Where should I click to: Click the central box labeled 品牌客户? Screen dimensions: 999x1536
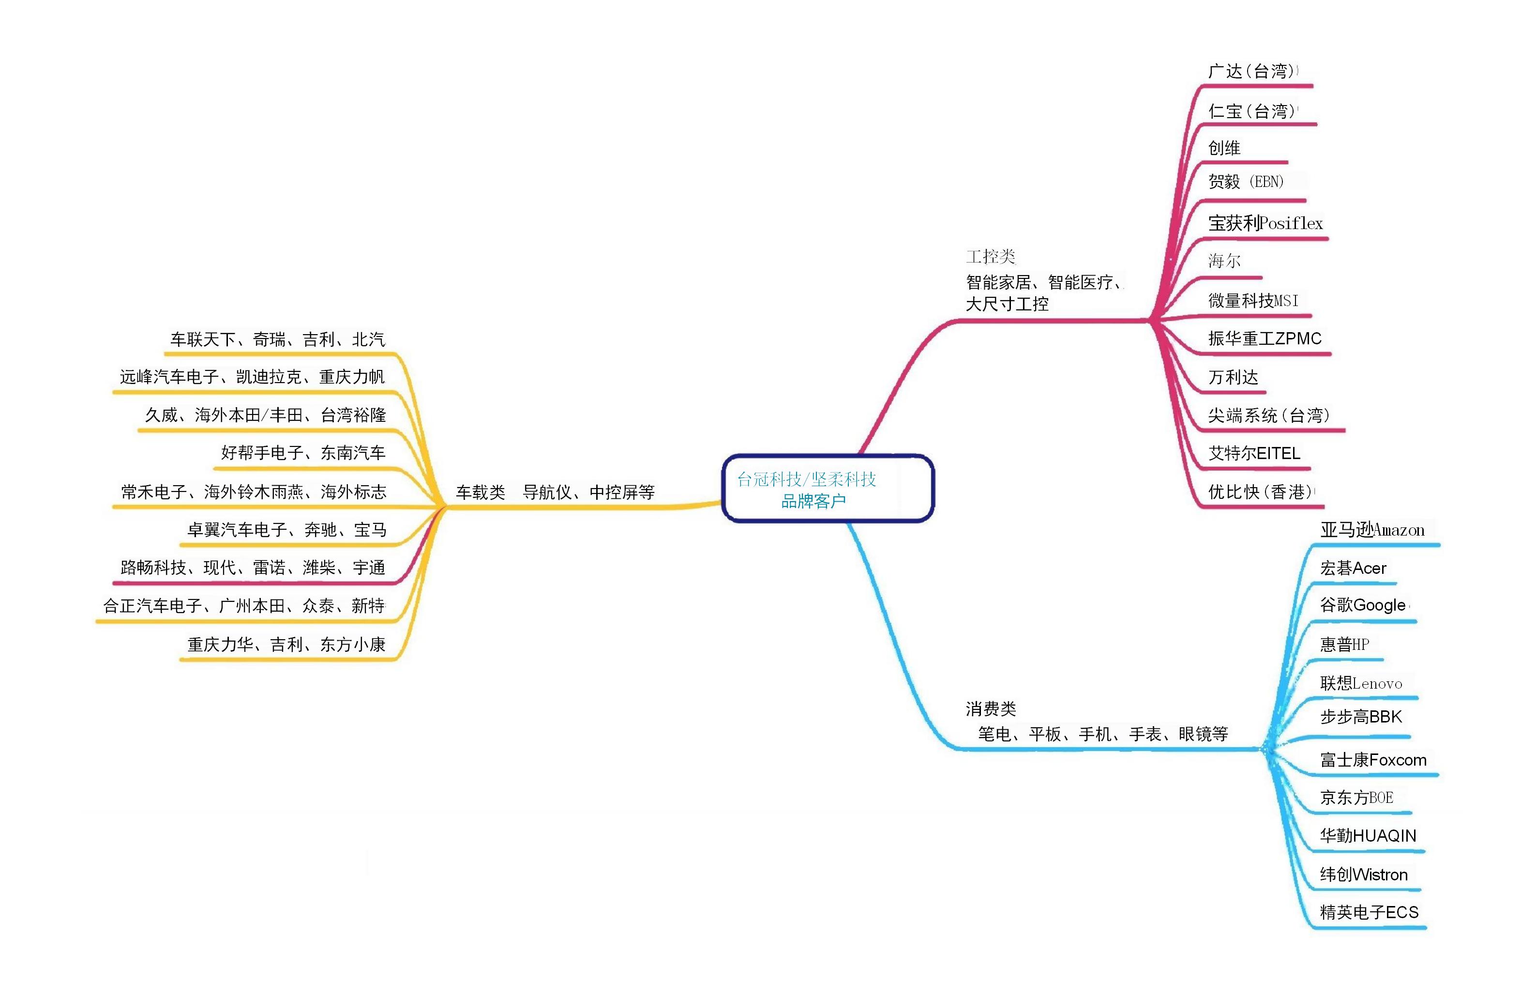[828, 489]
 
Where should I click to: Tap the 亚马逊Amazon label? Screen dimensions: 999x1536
[1372, 530]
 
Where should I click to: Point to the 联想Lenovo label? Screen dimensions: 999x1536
[1360, 683]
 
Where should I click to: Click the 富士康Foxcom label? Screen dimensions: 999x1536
[1373, 760]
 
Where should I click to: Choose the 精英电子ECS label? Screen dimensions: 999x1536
[1369, 912]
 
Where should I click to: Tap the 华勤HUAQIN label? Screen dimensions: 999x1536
[1368, 836]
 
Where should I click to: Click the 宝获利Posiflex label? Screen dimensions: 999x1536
[1265, 223]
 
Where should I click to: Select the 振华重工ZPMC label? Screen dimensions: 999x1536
[1265, 338]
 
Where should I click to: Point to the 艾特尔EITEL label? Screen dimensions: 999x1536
[1254, 453]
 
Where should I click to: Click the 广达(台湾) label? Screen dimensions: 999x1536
[1251, 71]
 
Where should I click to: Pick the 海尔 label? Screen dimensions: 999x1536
[1224, 261]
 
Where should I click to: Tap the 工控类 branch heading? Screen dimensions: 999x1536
[991, 257]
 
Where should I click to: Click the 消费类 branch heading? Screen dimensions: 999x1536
[991, 709]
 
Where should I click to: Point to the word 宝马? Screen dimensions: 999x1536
[370, 530]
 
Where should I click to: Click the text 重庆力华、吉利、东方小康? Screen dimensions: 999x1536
[286, 645]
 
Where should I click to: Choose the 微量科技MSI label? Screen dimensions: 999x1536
[1253, 300]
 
